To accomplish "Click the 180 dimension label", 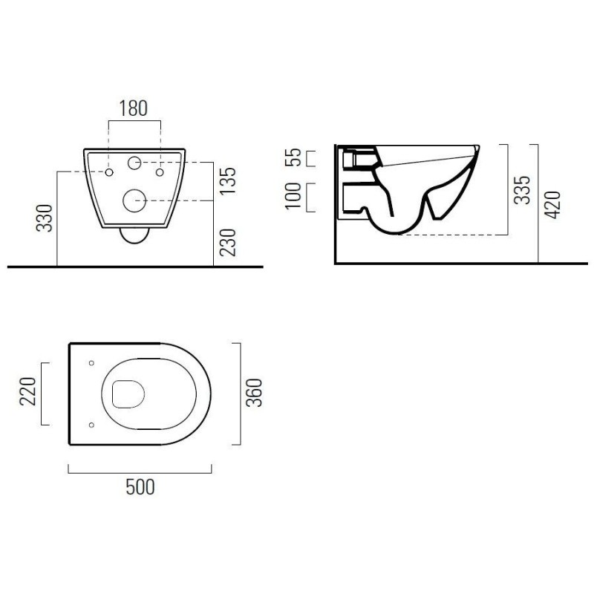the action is coord(134,108).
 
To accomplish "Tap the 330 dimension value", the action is coord(45,218).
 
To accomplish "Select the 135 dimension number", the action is coord(228,181).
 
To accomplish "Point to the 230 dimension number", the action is coord(228,243).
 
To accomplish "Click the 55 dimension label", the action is coord(293,157).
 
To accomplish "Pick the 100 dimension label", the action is coord(293,196).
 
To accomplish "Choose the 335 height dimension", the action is coord(522,190).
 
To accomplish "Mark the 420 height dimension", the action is coord(552,205).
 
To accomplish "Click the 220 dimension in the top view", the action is coord(27,391).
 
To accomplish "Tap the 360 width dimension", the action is coord(254,393).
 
